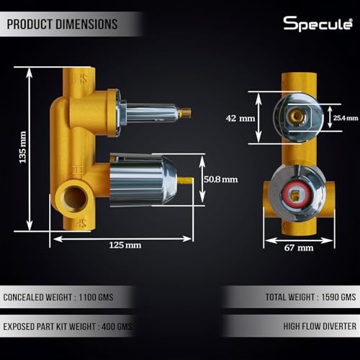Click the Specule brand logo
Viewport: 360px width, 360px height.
318,24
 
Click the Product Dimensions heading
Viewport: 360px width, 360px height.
62,24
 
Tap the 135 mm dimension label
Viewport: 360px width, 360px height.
22,148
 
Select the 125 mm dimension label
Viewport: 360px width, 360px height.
125,246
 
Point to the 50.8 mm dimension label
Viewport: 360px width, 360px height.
221,179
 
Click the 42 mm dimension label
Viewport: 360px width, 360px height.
240,118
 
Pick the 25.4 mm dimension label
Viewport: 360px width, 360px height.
346,118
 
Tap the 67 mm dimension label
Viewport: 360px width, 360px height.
299,248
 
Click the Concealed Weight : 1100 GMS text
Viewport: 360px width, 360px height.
58,297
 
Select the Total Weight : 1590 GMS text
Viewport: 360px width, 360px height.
310,297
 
